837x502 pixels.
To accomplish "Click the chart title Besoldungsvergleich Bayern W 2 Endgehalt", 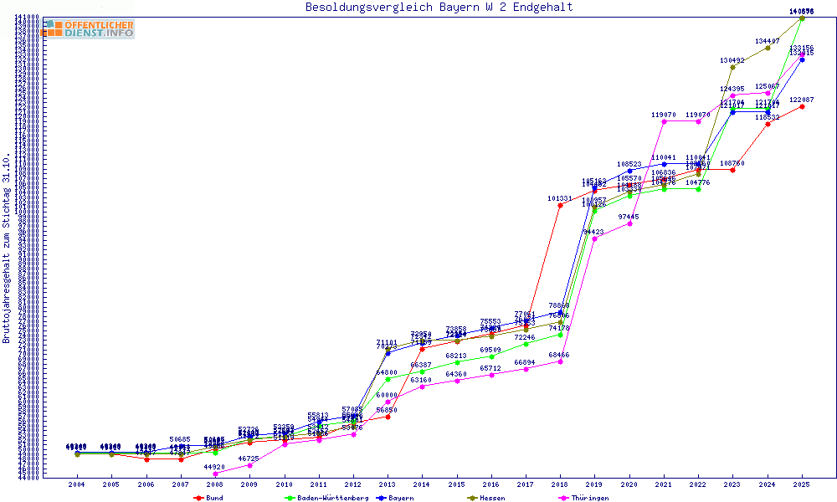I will click(x=439, y=8).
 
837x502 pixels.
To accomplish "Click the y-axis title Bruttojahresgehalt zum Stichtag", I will click(x=7, y=248).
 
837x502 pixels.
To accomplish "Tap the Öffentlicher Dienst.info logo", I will click(x=89, y=28).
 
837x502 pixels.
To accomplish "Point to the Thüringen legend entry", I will click(x=588, y=497).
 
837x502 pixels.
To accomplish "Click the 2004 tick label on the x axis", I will click(x=76, y=484).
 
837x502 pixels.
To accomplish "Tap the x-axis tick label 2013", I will click(x=388, y=484).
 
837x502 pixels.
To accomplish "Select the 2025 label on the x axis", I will click(x=802, y=484).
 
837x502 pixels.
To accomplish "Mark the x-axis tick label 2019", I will click(x=594, y=484).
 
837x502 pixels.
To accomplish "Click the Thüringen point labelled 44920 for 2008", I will click(x=215, y=474).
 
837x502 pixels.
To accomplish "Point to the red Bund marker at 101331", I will click(x=560, y=205).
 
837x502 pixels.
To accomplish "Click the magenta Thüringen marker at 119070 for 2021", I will click(x=664, y=121).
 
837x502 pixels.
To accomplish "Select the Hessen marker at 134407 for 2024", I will click(x=768, y=48).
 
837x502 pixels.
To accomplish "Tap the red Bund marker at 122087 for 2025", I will click(x=802, y=106).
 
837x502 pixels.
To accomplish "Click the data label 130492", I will click(x=732, y=60).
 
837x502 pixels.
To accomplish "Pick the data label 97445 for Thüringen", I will click(x=629, y=217).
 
